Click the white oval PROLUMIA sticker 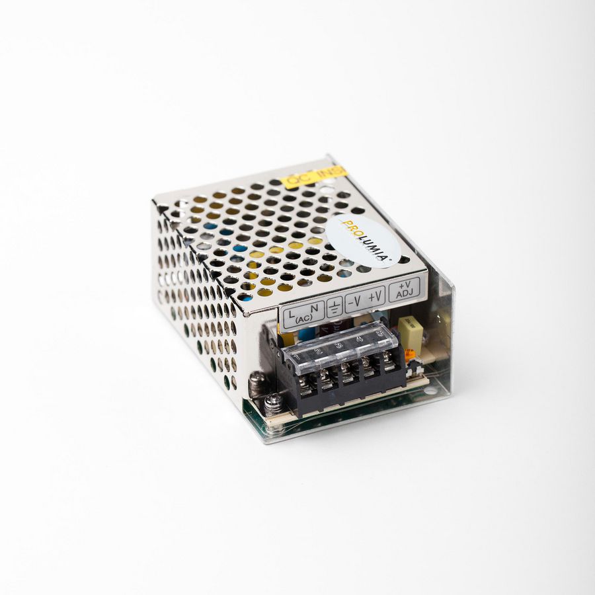tap(363, 241)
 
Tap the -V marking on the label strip tap(356, 300)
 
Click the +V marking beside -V tap(376, 296)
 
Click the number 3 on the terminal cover tap(339, 344)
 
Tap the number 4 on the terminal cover tap(360, 339)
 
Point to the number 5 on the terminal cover tap(379, 334)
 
